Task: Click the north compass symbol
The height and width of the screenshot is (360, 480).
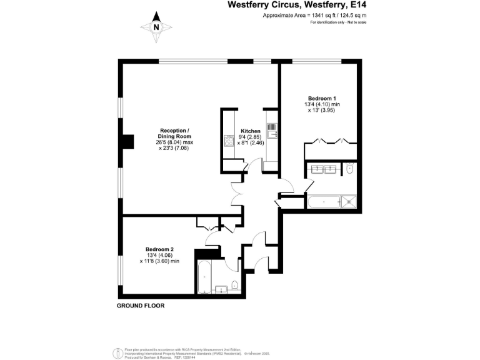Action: click(156, 28)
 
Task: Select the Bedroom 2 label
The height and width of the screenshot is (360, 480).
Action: click(159, 249)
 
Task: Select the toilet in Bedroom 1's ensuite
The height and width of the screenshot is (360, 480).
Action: click(348, 169)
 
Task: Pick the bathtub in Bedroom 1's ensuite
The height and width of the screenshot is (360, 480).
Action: click(324, 202)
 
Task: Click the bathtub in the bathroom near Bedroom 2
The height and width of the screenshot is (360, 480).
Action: click(203, 277)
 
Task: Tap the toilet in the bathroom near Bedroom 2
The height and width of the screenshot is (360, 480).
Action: click(234, 286)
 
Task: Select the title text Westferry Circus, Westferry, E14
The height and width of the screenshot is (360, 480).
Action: click(296, 5)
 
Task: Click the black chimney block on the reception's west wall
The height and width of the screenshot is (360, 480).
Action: click(127, 142)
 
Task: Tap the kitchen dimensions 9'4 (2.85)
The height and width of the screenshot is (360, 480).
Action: click(250, 137)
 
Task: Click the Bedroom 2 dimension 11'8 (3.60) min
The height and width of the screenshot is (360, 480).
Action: click(161, 261)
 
